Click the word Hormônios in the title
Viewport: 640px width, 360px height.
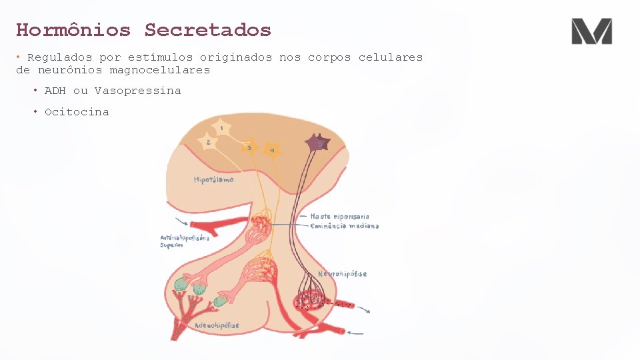point(73,30)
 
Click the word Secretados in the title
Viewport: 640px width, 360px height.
point(208,30)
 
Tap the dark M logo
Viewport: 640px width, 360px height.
point(591,31)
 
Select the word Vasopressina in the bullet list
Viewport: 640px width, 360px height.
point(137,91)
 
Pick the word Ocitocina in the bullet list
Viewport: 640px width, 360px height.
point(77,112)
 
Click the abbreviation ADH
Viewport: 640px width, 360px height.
point(55,91)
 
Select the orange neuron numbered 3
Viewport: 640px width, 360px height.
point(249,147)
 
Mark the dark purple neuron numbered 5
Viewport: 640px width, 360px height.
point(318,143)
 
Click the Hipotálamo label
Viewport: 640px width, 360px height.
point(213,180)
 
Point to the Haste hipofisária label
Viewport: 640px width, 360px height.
point(339,217)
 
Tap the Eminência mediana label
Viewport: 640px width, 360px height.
point(344,226)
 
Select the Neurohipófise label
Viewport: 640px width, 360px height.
point(342,274)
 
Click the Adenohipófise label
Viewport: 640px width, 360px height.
point(217,325)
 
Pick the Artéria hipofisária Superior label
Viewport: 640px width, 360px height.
point(185,241)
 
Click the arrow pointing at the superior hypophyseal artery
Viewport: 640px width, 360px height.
point(181,221)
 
